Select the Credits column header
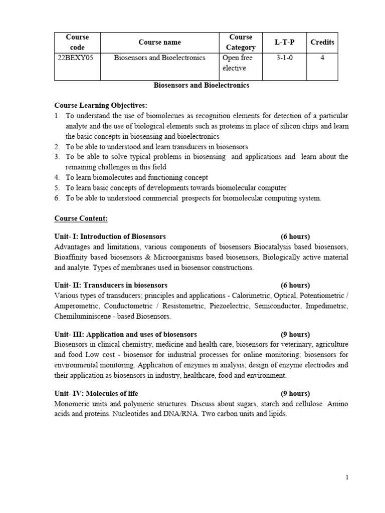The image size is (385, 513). click(x=322, y=42)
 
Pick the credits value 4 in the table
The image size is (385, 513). click(x=322, y=58)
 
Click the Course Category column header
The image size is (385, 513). click(x=241, y=42)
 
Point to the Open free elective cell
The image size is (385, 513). click(x=237, y=63)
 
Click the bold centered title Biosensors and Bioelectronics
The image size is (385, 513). click(x=201, y=85)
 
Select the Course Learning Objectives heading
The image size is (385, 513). click(x=101, y=105)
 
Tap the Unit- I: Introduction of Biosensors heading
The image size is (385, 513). click(x=110, y=236)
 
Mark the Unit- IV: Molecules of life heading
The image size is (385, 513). click(x=96, y=394)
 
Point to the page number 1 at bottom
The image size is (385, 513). click(x=346, y=477)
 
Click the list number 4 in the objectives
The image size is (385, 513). click(x=57, y=177)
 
